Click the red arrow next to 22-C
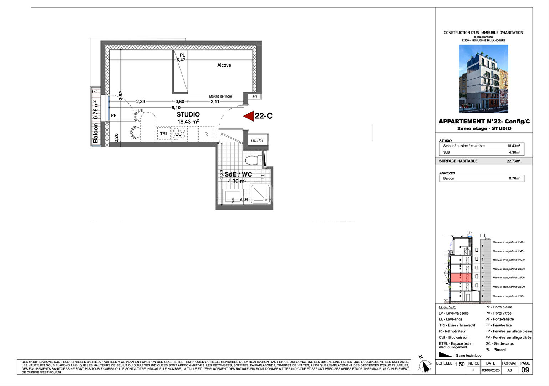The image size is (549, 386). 249,116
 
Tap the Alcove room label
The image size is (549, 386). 224,65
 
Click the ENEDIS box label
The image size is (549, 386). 257,140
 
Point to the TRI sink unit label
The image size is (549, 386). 163,134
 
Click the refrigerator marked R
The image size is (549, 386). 206,134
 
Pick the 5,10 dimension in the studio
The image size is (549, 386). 176,107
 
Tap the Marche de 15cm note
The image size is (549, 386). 220,96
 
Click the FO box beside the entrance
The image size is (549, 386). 255,96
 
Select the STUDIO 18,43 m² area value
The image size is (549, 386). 188,122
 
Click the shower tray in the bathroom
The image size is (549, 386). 261,194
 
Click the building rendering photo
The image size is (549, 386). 483,79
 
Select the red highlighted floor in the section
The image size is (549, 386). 461,278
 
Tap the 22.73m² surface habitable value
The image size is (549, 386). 513,161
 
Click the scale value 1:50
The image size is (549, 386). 459,364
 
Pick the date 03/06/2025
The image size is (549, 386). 491,370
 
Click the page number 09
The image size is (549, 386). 525,370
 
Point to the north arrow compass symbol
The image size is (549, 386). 424,365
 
